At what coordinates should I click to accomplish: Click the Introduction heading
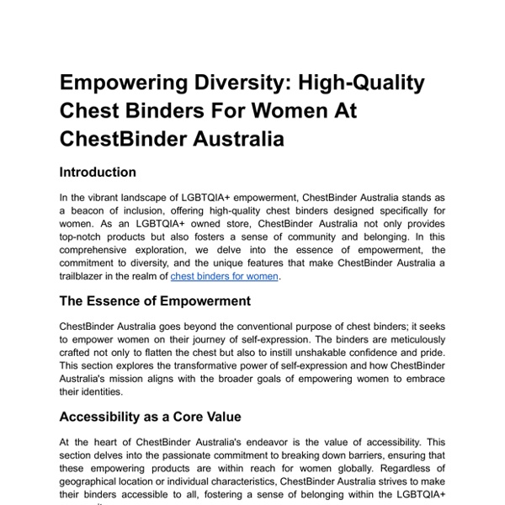[x=98, y=173]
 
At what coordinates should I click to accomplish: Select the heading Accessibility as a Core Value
[x=150, y=416]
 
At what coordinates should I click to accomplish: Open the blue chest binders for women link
[x=224, y=276]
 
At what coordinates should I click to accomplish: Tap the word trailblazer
[x=87, y=276]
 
